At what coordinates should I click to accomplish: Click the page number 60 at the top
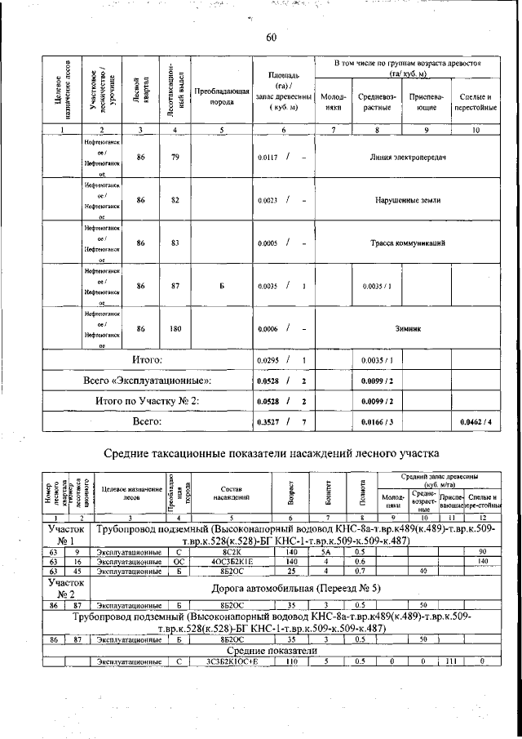pos(272,36)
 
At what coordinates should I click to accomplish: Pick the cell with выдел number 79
pos(175,157)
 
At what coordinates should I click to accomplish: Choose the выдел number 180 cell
pos(175,328)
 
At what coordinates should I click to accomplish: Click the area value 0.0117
pos(268,157)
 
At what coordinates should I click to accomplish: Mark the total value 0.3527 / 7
pos(281,421)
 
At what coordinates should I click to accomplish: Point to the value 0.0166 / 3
pos(377,421)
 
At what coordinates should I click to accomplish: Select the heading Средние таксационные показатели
pos(271,452)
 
